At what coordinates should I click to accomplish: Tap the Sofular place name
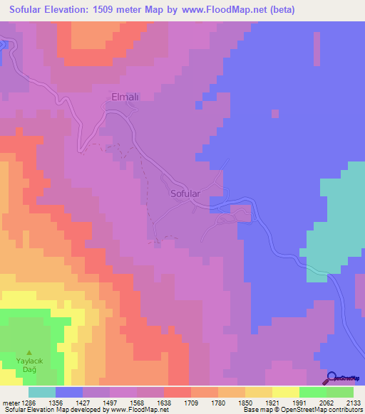tap(185, 193)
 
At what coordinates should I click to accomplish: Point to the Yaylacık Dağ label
tap(29, 366)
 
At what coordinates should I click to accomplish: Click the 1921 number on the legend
tap(259, 402)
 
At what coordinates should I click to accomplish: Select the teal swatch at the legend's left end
tap(42, 392)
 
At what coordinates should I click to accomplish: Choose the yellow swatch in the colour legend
tap(286, 392)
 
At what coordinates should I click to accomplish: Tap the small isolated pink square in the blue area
tap(274, 112)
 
